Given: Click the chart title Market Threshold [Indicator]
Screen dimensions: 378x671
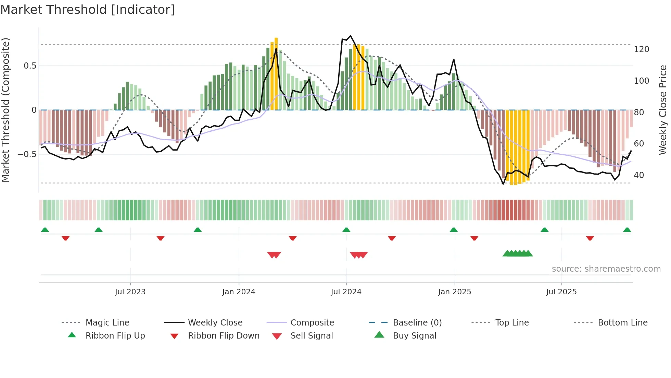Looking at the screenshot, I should [88, 10].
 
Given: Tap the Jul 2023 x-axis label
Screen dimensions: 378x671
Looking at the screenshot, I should [130, 292].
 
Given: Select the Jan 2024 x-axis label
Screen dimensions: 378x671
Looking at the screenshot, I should [239, 292].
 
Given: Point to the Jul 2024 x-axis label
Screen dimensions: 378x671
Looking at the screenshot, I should [346, 292].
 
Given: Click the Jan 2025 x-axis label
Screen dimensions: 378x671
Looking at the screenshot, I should [454, 292].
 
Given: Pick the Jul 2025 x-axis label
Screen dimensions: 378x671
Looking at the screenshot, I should [561, 292].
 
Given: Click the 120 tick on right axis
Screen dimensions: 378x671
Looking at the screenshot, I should [641, 49].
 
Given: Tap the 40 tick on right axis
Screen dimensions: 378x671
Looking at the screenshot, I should [638, 175].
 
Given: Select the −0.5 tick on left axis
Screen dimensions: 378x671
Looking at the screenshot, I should [27, 154].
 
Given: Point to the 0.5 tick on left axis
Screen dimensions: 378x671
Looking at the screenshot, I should [30, 66].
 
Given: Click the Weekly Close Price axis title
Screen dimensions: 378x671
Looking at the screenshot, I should [663, 110].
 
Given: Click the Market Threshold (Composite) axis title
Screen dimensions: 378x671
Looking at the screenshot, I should [5, 110].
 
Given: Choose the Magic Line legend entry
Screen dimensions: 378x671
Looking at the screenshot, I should [107, 323].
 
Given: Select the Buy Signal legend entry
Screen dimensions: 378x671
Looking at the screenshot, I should [414, 336].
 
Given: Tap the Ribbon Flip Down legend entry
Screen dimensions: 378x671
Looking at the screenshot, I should [223, 336].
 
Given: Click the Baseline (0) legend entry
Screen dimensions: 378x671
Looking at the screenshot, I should [417, 323].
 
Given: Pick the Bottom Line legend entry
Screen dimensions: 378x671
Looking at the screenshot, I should [622, 323].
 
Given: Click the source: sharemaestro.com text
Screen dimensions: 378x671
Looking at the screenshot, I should [606, 269].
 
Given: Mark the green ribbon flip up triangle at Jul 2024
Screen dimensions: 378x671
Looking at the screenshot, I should [346, 230].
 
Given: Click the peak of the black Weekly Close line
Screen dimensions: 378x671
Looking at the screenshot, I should [350, 36].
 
